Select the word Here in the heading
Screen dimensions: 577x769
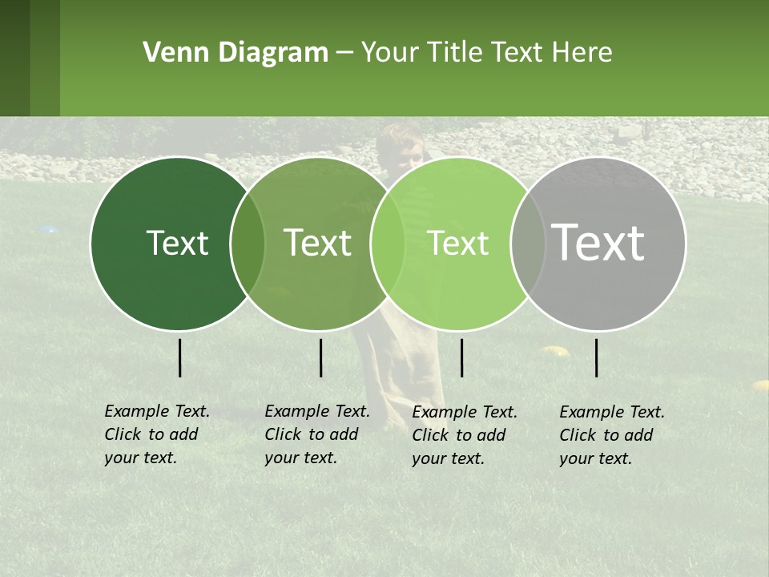click(582, 53)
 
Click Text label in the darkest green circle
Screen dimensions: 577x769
click(177, 243)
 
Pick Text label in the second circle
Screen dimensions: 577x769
click(318, 243)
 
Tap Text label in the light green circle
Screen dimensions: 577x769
click(458, 243)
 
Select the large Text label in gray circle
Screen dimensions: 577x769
click(598, 243)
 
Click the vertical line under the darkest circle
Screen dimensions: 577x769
click(179, 357)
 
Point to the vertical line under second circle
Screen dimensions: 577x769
click(320, 357)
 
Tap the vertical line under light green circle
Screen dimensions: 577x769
click(461, 357)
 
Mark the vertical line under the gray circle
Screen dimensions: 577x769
click(596, 357)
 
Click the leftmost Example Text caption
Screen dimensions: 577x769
click(157, 434)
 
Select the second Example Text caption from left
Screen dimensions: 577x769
click(317, 434)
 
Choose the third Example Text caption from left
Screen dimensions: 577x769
click(465, 435)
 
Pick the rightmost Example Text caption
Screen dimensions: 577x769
click(612, 435)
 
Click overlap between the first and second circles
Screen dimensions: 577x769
click(248, 243)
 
